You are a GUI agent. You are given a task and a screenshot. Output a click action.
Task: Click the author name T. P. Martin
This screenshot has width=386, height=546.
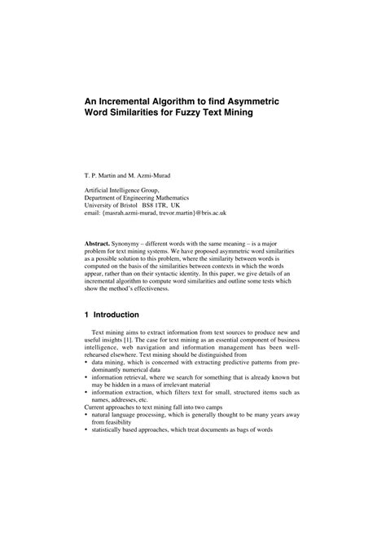[104, 174]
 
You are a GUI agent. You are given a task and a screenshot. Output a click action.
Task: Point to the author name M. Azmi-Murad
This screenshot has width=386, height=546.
[160, 174]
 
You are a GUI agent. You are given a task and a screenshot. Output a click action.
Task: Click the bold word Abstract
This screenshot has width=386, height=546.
[101, 244]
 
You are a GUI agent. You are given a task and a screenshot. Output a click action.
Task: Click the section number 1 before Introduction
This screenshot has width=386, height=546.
[86, 315]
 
